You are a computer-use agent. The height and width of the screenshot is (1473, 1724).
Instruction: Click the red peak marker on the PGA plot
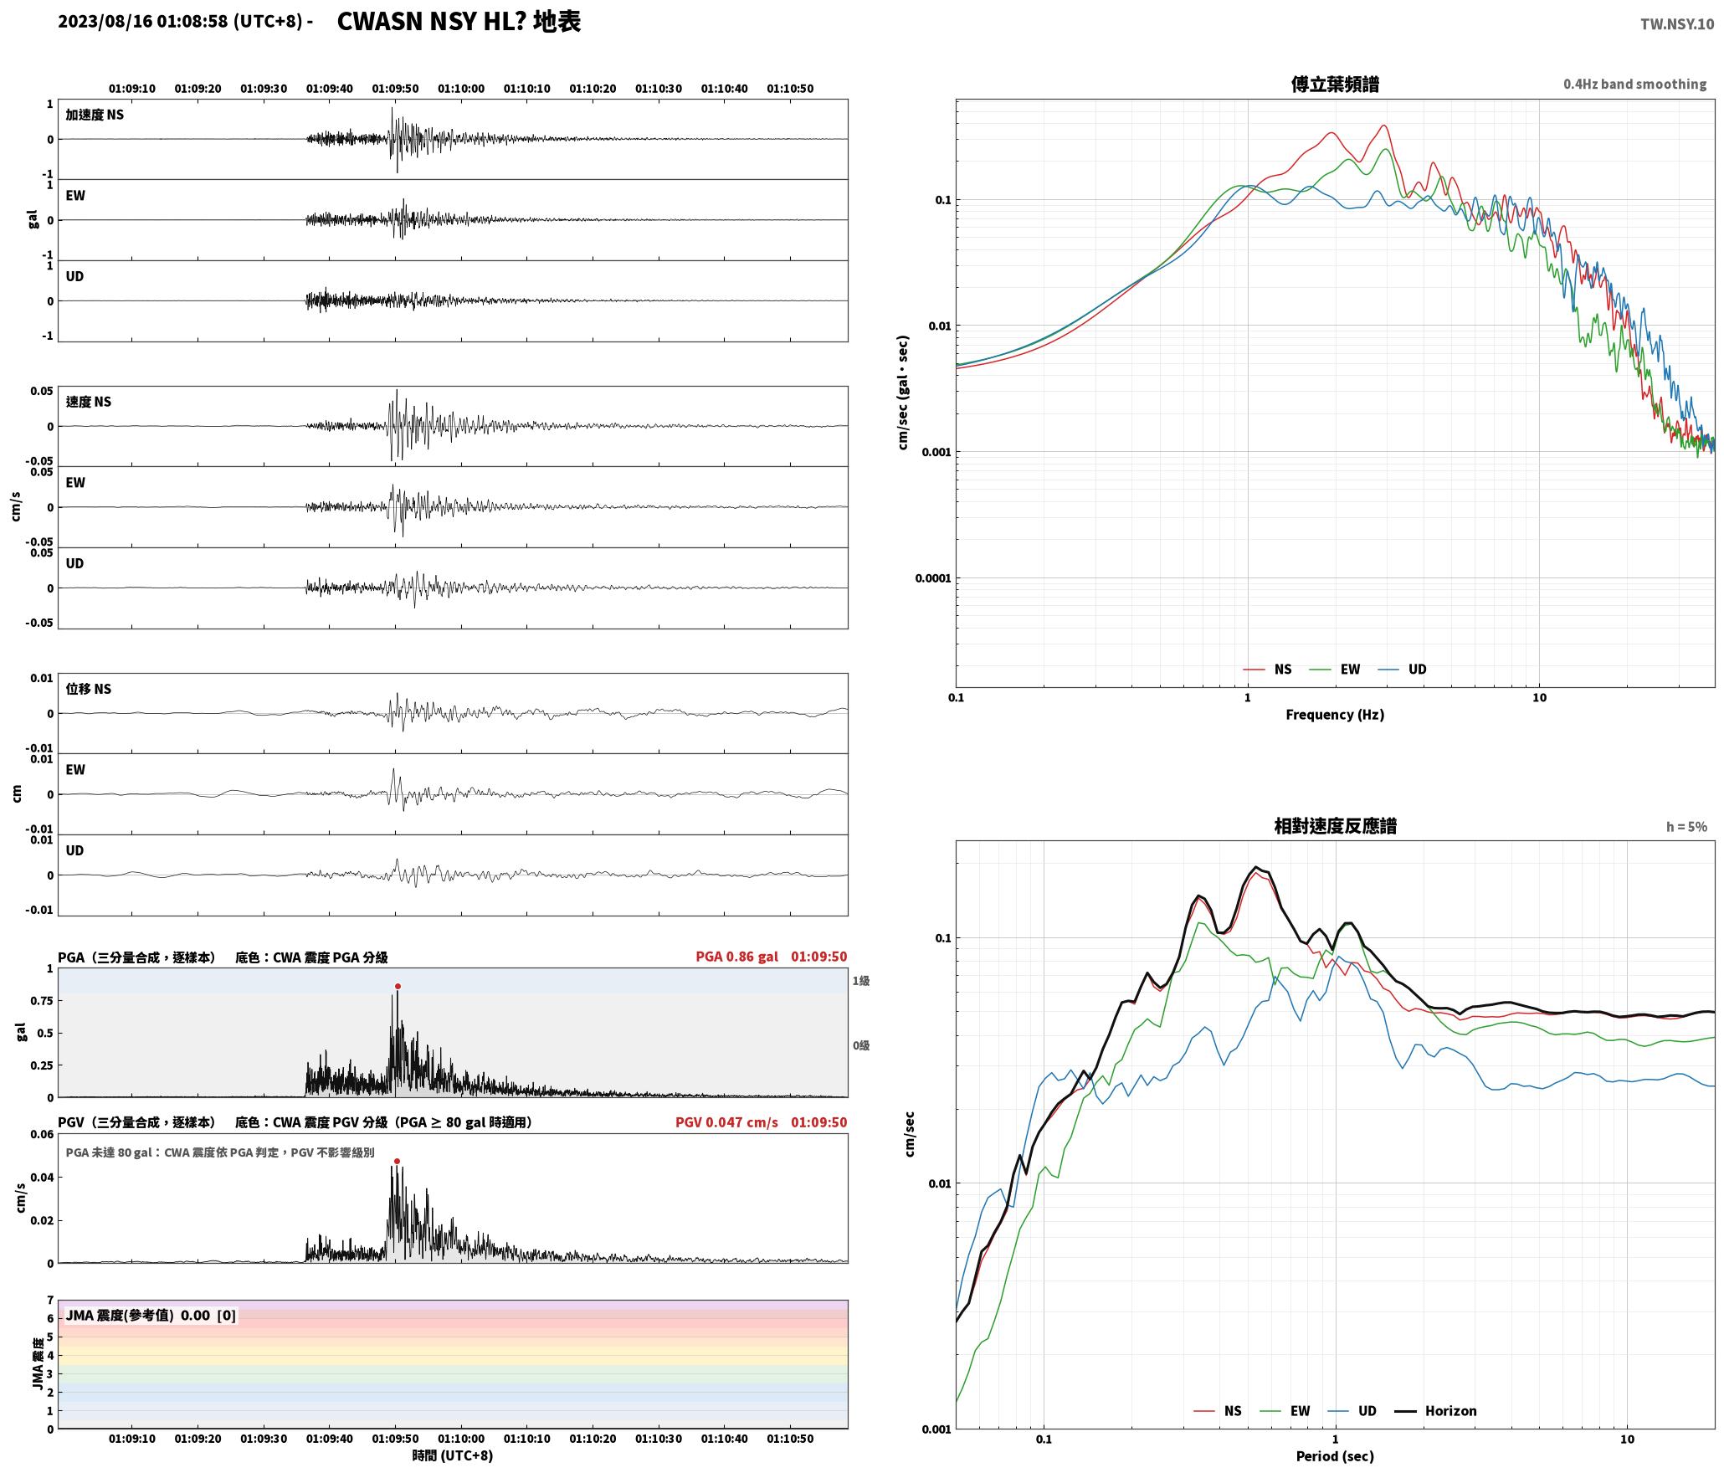[398, 987]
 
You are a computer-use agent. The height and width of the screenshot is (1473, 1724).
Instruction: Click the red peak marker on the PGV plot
[397, 1162]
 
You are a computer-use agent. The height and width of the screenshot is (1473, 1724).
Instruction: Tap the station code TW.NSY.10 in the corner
[1676, 24]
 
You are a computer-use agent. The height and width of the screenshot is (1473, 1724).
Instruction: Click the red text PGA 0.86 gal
[736, 957]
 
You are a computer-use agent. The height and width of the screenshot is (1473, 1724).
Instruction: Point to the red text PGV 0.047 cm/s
[726, 1122]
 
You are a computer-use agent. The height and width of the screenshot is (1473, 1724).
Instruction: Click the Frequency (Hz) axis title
[1335, 715]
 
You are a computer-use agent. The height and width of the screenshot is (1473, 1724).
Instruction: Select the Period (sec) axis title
[1335, 1457]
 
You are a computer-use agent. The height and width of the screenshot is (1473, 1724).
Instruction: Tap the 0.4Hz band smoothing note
[1634, 85]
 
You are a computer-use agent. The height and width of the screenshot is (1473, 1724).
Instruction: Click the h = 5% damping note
[1686, 827]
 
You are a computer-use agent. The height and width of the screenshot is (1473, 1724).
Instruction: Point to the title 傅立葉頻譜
[1335, 84]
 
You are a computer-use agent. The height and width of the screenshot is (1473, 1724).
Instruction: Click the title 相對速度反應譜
[1335, 826]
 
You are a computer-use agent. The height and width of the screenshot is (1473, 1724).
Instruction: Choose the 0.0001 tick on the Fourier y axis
[932, 578]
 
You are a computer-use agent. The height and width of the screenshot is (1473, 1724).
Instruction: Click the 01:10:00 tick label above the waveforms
[461, 89]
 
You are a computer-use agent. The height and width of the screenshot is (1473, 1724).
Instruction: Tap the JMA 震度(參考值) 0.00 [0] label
[151, 1316]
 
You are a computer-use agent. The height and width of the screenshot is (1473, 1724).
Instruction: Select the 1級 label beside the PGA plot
[861, 981]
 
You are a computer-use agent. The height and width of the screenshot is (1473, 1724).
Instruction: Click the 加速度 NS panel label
[95, 115]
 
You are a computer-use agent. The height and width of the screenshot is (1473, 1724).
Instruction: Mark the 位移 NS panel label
[89, 689]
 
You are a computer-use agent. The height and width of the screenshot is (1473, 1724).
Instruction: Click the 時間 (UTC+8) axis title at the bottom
[453, 1456]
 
